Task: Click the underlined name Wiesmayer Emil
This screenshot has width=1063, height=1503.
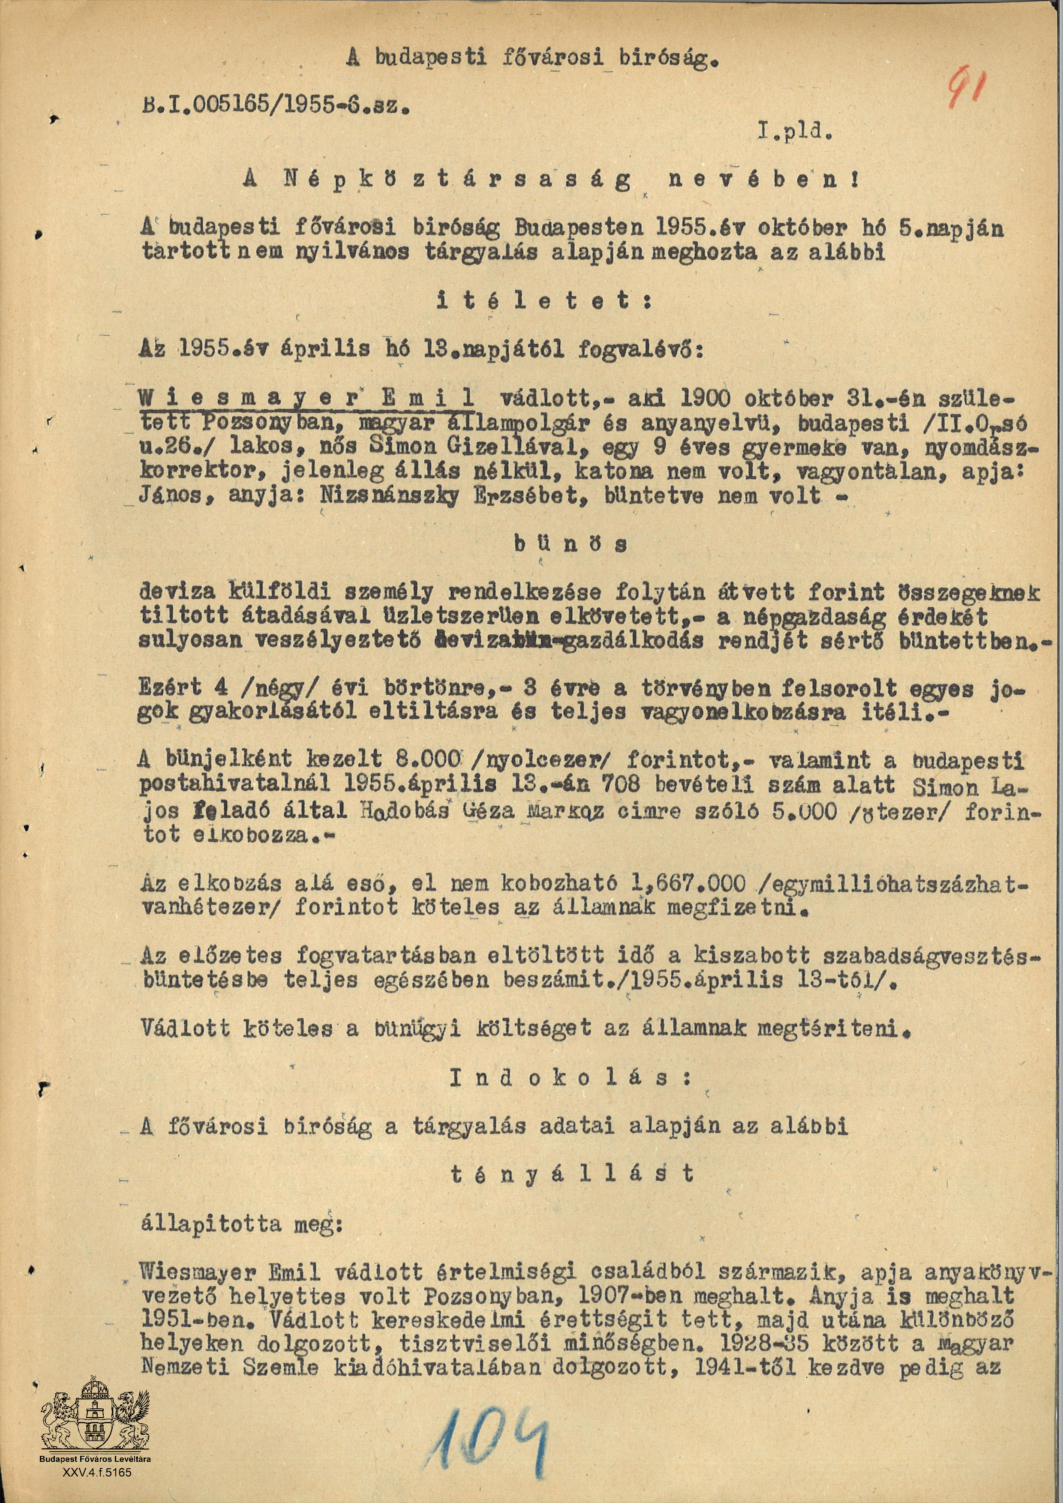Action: pyautogui.click(x=307, y=398)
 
